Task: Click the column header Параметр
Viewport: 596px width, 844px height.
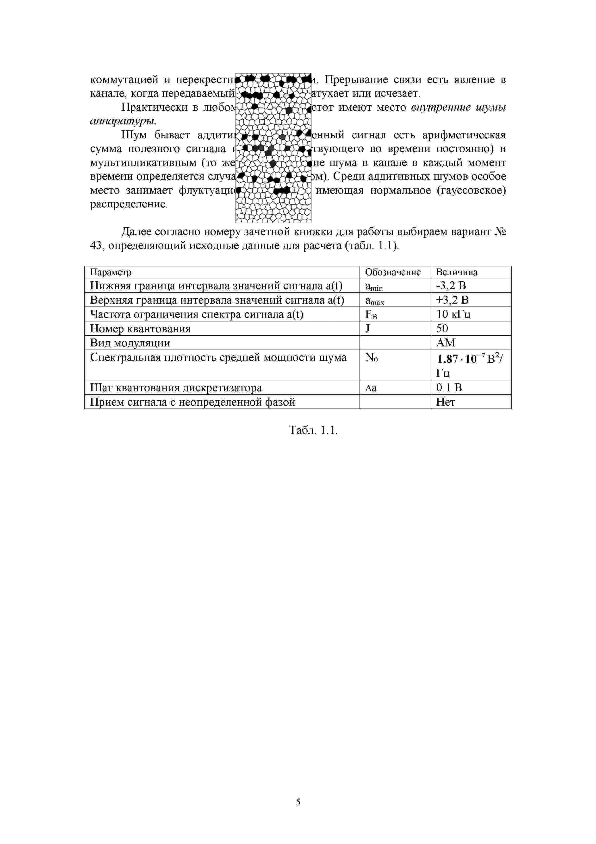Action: (111, 272)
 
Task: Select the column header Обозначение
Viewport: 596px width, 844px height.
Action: (392, 272)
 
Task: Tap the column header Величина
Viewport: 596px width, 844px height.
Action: (456, 272)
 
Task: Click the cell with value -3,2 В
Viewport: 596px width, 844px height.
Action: (451, 286)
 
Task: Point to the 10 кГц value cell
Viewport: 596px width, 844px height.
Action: (453, 314)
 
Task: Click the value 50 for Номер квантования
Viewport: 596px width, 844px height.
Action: (442, 328)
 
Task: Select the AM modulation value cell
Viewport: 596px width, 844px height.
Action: (446, 343)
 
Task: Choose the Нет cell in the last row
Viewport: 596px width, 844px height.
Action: (446, 402)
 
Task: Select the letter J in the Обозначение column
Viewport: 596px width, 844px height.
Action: (368, 328)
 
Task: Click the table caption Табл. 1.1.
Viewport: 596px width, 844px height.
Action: (313, 430)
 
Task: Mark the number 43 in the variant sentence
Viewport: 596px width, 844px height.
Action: (96, 246)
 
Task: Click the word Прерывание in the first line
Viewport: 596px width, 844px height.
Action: (356, 79)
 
